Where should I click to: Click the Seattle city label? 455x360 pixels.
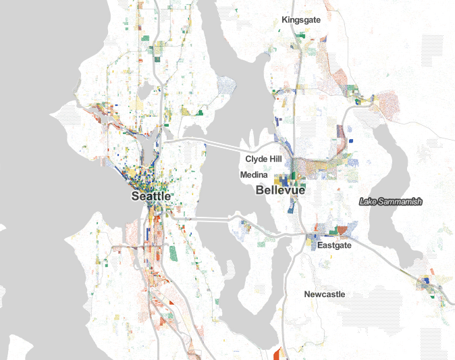click(151, 196)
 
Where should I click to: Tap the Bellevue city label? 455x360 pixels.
click(280, 190)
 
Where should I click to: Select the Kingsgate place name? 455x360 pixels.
click(302, 20)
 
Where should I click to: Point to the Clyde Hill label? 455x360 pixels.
click(263, 160)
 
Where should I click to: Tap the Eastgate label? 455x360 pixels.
click(334, 246)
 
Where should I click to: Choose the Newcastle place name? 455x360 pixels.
click(324, 294)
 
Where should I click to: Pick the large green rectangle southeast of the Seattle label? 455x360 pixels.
click(173, 253)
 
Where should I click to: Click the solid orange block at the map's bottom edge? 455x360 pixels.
click(277, 354)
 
